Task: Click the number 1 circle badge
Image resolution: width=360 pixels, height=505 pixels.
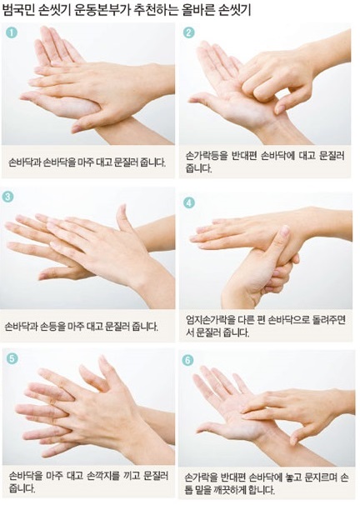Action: click(x=12, y=32)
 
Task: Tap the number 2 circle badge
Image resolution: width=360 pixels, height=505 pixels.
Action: click(x=188, y=32)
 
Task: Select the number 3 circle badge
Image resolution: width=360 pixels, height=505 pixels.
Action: click(x=7, y=197)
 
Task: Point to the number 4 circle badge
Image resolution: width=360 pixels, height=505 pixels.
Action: click(x=189, y=202)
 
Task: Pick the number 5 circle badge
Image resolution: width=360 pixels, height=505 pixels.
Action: click(x=12, y=358)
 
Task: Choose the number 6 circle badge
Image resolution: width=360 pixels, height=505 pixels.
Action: click(x=187, y=360)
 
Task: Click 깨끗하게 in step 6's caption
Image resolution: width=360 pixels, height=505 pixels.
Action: click(x=227, y=490)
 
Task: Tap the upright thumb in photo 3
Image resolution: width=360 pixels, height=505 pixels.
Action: click(x=124, y=217)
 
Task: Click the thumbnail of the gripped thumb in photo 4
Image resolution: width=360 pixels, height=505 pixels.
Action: click(x=285, y=231)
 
